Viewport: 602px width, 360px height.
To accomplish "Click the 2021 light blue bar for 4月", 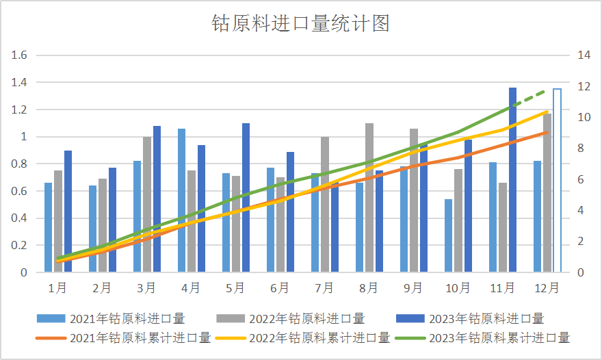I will click(x=181, y=200).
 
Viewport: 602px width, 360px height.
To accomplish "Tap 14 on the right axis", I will click(x=584, y=55).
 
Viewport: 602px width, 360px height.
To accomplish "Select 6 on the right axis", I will click(x=581, y=180).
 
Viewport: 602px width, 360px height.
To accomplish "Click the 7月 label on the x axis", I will click(x=324, y=288).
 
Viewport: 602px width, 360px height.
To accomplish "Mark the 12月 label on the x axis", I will click(x=547, y=288).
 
